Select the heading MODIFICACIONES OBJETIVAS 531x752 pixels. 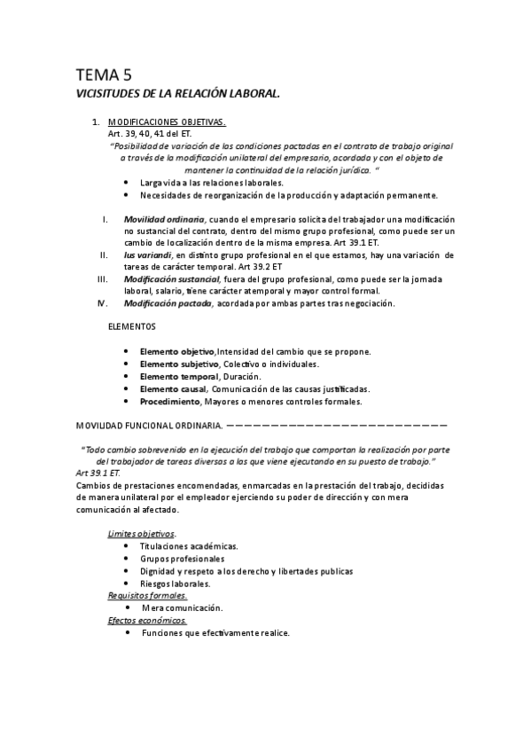click(167, 121)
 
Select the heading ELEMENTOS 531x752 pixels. click(131, 327)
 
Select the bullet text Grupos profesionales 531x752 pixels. click(182, 560)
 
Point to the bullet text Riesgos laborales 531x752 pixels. click(175, 584)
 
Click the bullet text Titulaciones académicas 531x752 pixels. click(189, 547)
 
